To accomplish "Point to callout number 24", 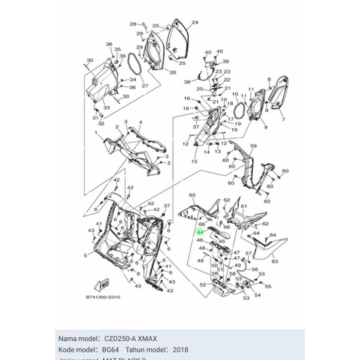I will [x=195, y=22].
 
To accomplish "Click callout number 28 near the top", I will [x=132, y=24].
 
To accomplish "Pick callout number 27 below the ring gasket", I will [x=145, y=86].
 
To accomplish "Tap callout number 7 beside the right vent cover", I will [x=282, y=120].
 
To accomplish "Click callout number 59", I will [x=254, y=146].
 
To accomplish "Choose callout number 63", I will [x=274, y=261].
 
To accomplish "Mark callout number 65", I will [x=192, y=195].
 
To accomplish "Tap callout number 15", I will [x=195, y=161].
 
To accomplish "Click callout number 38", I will [x=187, y=82].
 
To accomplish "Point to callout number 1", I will [x=96, y=132].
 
